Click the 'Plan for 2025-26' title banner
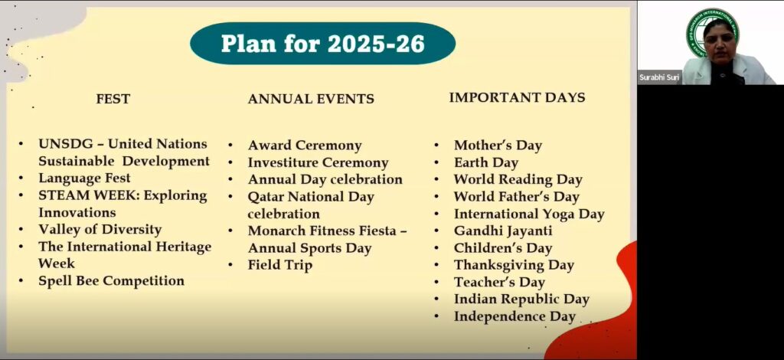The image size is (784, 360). point(322,44)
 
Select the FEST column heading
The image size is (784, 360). point(113,99)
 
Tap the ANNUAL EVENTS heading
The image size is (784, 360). point(311,99)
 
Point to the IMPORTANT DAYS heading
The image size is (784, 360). point(517,97)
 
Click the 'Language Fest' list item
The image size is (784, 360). point(84,178)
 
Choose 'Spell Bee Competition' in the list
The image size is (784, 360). point(112,281)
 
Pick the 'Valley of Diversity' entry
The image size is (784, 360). point(100,230)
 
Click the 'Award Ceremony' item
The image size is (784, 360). point(305,146)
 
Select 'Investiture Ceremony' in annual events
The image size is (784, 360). point(318,162)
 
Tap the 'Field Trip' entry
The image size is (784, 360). point(280,265)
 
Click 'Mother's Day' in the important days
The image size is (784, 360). point(498,146)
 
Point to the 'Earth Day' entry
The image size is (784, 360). point(486,162)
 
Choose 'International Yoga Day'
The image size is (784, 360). point(530,214)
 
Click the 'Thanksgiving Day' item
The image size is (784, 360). point(514,265)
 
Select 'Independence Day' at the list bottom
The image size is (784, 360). point(514,316)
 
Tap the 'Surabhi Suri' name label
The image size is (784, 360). point(659,77)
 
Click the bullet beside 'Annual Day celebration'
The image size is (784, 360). point(230,179)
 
